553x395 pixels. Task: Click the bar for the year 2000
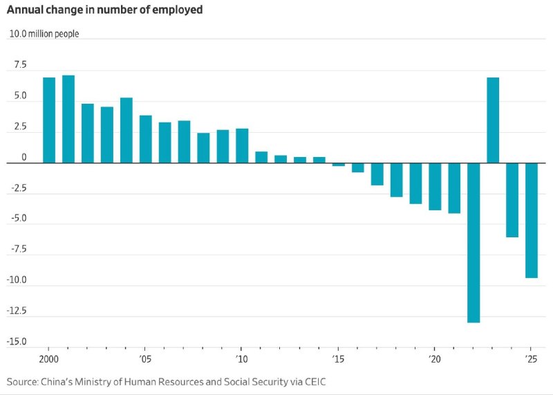49,120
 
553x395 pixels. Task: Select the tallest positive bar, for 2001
68,119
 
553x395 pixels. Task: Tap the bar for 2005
146,139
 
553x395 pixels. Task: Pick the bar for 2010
242,146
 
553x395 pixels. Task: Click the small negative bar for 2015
339,165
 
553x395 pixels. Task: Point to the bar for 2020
435,186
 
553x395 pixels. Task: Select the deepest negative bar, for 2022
474,243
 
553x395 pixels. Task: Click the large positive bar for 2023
493,120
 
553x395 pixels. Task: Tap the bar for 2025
532,220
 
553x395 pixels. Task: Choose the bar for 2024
512,200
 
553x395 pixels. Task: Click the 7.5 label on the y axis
20,64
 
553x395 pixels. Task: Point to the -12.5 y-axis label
17,311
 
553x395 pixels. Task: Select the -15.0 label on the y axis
17,341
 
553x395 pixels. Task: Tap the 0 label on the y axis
24,158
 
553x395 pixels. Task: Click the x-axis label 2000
48,359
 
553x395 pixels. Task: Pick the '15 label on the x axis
338,359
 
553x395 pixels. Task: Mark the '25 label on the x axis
531,359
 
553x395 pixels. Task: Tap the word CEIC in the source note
315,382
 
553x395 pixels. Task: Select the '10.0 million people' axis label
44,34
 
